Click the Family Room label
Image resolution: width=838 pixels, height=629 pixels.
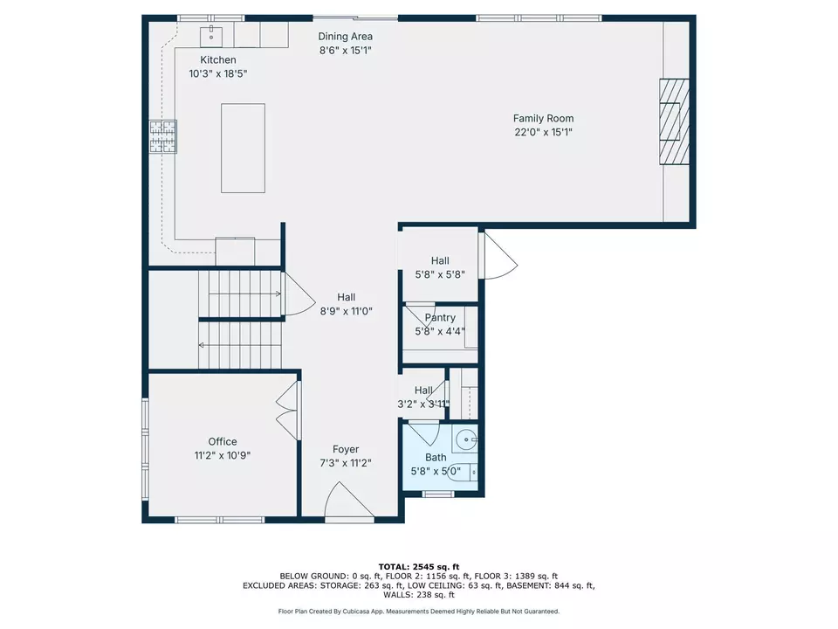click(543, 118)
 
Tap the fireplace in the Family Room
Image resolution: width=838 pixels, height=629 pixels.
click(673, 121)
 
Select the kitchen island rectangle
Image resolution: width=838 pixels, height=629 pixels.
click(243, 148)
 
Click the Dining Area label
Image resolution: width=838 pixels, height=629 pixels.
click(345, 36)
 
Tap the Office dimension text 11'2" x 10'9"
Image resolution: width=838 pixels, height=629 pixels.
click(222, 455)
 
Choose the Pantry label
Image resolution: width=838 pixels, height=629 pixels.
click(440, 317)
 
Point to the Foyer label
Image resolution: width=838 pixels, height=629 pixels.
click(346, 449)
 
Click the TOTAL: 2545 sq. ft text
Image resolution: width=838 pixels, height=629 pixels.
click(419, 566)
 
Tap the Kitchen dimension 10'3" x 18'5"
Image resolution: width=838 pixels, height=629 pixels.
click(218, 73)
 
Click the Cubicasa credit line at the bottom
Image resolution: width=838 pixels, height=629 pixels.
click(419, 612)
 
